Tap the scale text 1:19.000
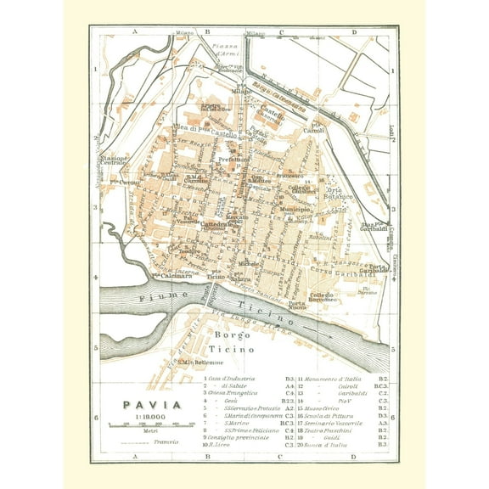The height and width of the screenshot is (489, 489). [x=149, y=418]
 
